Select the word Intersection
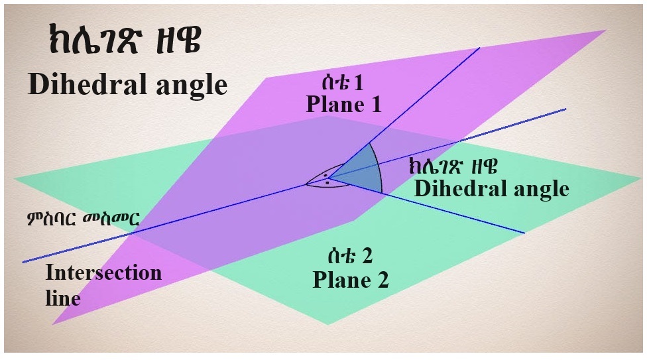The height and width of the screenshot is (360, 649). pyautogui.click(x=103, y=273)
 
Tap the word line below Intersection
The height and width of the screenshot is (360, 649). pyautogui.click(x=63, y=298)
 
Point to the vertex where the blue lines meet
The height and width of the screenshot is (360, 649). pyautogui.click(x=328, y=178)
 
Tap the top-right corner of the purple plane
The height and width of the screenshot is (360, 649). pyautogui.click(x=606, y=30)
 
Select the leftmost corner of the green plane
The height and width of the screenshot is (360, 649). pyautogui.click(x=15, y=178)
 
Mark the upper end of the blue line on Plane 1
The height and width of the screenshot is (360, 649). pyautogui.click(x=479, y=49)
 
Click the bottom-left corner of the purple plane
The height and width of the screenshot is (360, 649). pyautogui.click(x=53, y=324)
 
